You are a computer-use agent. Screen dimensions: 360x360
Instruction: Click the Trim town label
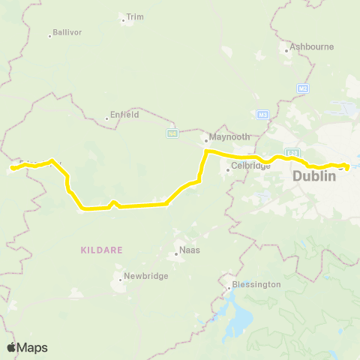pyautogui.click(x=135, y=16)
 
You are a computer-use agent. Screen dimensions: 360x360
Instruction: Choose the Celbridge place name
pyautogui.click(x=250, y=166)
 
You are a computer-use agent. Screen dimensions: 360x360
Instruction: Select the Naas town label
pyautogui.click(x=189, y=250)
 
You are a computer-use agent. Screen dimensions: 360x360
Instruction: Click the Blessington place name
pyautogui.click(x=256, y=284)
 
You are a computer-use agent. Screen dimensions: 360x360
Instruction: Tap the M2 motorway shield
pyautogui.click(x=303, y=88)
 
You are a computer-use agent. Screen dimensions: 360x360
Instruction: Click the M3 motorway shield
pyautogui.click(x=263, y=114)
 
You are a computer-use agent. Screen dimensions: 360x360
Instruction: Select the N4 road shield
pyautogui.click(x=172, y=133)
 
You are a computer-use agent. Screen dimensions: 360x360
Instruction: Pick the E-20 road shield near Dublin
pyautogui.click(x=293, y=152)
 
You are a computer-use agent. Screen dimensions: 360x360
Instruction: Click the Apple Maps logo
pyautogui.click(x=28, y=347)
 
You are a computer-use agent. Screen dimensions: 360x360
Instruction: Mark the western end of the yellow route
pyautogui.click(x=12, y=169)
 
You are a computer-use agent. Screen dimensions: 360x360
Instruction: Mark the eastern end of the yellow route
pyautogui.click(x=346, y=166)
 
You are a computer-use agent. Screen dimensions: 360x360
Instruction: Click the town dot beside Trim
pyautogui.click(x=124, y=20)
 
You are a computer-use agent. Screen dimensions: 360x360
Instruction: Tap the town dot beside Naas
pyautogui.click(x=176, y=253)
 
